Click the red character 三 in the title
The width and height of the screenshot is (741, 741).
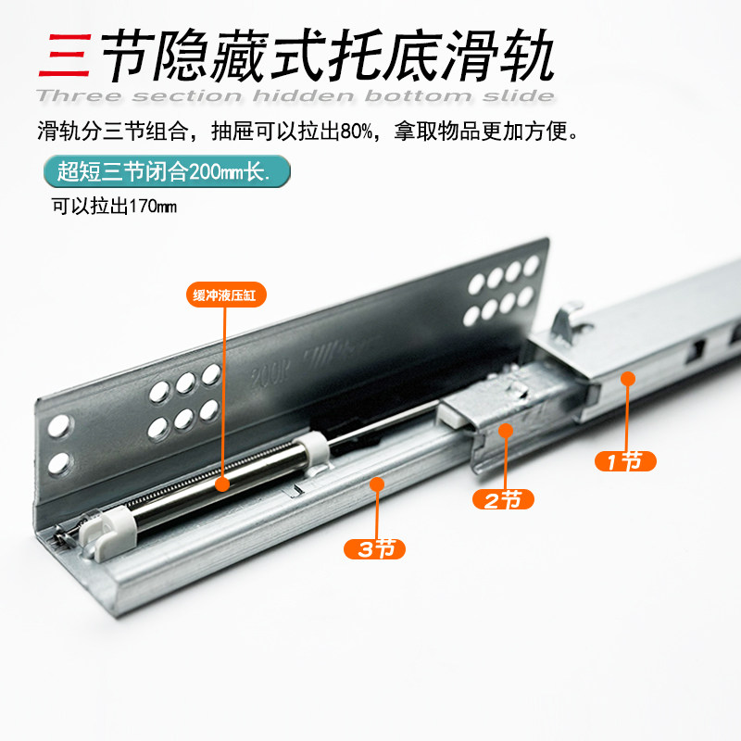tap(63, 57)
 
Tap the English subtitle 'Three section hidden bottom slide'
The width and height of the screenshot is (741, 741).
tap(295, 96)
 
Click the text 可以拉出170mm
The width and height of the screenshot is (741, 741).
tap(112, 207)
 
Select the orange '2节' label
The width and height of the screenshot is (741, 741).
tap(504, 500)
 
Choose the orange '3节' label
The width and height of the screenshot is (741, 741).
tap(375, 548)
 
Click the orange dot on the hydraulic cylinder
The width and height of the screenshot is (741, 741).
tap(222, 483)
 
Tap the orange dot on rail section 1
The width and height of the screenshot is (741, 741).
tap(628, 378)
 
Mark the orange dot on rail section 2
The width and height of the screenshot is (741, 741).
tap(505, 430)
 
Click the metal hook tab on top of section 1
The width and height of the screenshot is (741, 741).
tap(568, 325)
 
